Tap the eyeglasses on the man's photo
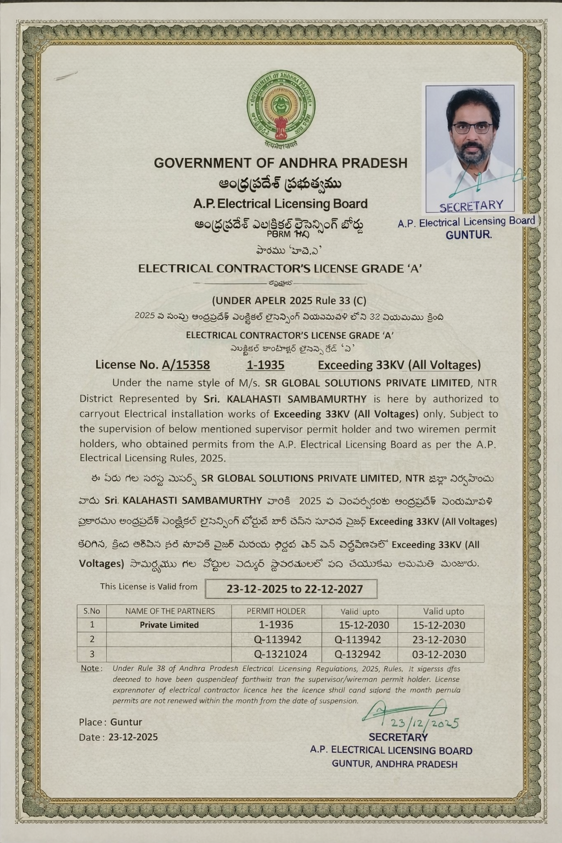(472, 128)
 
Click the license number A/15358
(186, 364)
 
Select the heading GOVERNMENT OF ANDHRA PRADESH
(280, 163)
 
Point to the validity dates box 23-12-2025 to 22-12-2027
(291, 589)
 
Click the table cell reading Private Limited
(169, 625)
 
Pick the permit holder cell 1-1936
(276, 625)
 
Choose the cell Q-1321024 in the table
(280, 654)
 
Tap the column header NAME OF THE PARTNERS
(170, 611)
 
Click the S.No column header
(92, 611)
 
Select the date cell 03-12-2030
(439, 654)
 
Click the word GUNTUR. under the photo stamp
(469, 235)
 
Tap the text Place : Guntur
(110, 722)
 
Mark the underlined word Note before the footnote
(90, 668)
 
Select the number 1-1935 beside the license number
(266, 364)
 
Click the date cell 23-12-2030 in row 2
(439, 639)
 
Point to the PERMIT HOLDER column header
(276, 611)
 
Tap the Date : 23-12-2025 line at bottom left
(118, 737)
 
